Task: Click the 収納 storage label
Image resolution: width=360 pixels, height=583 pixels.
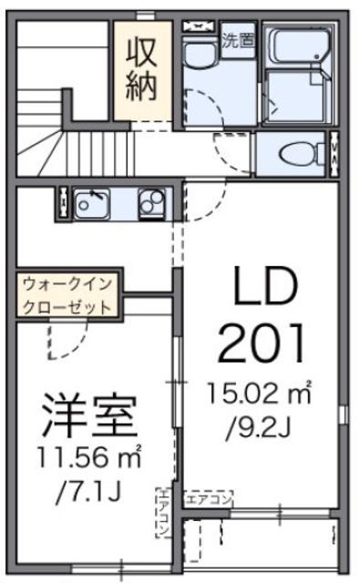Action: pos(141,68)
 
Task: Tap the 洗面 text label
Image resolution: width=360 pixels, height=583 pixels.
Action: pos(240,39)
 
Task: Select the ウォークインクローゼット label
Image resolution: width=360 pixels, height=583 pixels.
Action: pos(67,297)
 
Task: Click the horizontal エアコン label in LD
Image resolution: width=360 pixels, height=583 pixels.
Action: pos(210,498)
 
